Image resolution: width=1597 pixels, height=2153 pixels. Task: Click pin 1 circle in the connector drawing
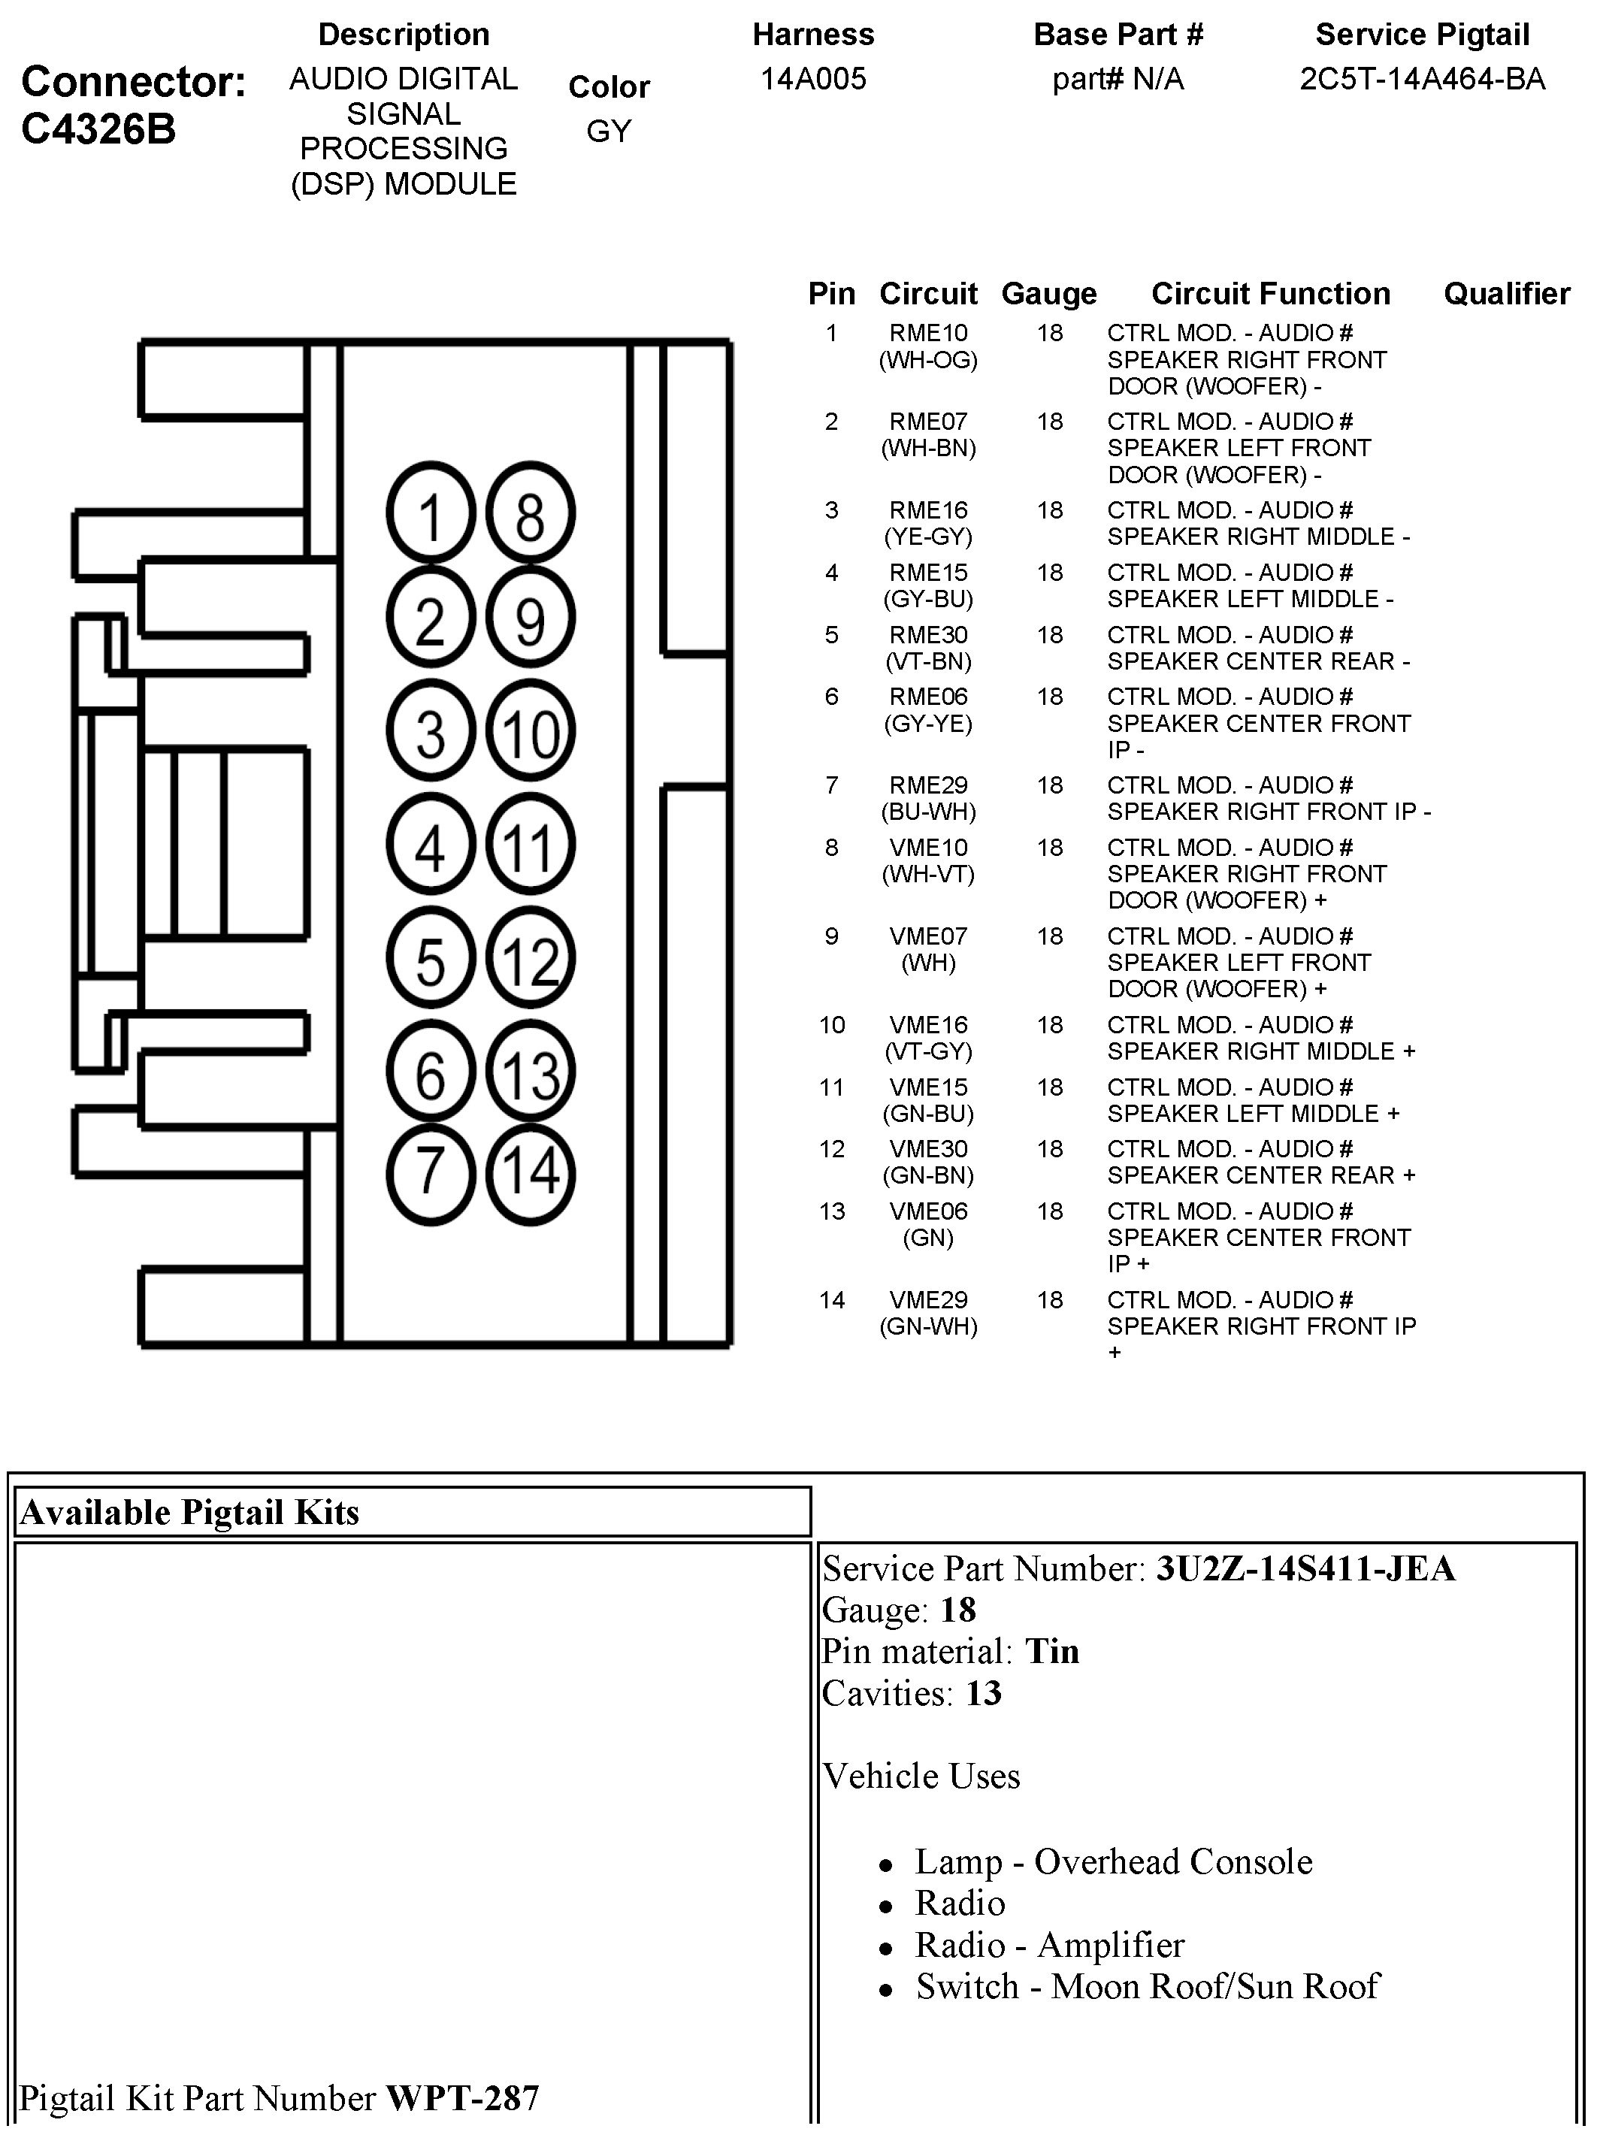click(430, 513)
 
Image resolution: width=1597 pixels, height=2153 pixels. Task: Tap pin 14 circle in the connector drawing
click(530, 1173)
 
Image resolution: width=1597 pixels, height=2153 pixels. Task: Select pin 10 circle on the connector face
click(530, 731)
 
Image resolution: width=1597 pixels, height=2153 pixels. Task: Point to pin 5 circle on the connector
click(430, 959)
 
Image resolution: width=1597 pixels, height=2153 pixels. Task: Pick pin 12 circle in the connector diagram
click(530, 959)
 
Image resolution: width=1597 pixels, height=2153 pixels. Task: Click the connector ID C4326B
click(98, 129)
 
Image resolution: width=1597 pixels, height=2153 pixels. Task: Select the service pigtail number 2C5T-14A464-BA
click(1422, 78)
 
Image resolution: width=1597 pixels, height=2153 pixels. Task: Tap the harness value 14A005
click(813, 78)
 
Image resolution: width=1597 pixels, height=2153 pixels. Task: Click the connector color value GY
click(609, 131)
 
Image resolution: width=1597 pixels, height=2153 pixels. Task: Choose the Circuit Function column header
click(1270, 293)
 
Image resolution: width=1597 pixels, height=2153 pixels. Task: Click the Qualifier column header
click(1506, 293)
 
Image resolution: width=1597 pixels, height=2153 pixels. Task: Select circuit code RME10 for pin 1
click(928, 334)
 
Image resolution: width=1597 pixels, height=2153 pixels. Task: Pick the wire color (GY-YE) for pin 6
click(928, 723)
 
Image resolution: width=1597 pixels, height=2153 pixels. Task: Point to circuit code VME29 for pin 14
click(928, 1299)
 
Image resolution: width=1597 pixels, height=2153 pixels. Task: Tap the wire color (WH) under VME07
click(928, 963)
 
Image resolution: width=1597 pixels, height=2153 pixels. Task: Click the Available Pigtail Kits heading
click(189, 1512)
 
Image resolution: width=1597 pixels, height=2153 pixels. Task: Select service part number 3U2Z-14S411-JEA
click(1305, 1568)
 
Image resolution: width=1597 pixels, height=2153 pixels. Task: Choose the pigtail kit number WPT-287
click(462, 2097)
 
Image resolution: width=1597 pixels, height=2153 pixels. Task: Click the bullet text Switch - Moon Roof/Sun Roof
click(1148, 1985)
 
